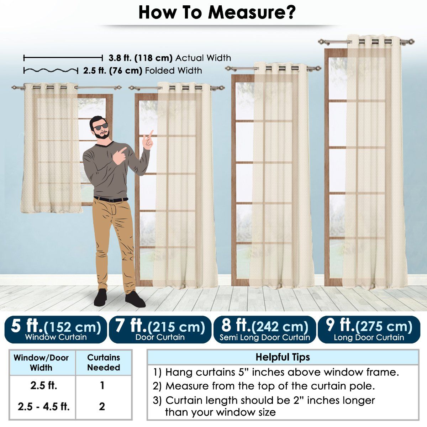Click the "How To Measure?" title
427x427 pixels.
(217, 12)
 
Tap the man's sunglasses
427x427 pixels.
(101, 127)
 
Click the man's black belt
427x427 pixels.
(111, 199)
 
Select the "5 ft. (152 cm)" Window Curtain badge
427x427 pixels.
(56, 330)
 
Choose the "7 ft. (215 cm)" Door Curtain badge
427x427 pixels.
(160, 330)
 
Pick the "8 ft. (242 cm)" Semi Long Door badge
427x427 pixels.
(265, 330)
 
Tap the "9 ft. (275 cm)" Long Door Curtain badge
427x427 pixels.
(369, 330)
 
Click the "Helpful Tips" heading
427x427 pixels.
(283, 357)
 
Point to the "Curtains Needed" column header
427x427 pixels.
(104, 362)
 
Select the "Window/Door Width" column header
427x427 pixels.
(41, 363)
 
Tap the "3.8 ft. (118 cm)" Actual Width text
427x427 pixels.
(141, 58)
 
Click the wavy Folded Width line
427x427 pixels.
(51, 71)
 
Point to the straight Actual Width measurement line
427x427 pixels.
(63, 58)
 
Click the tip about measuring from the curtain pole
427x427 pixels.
(264, 386)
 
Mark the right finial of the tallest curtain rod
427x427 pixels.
(411, 41)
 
